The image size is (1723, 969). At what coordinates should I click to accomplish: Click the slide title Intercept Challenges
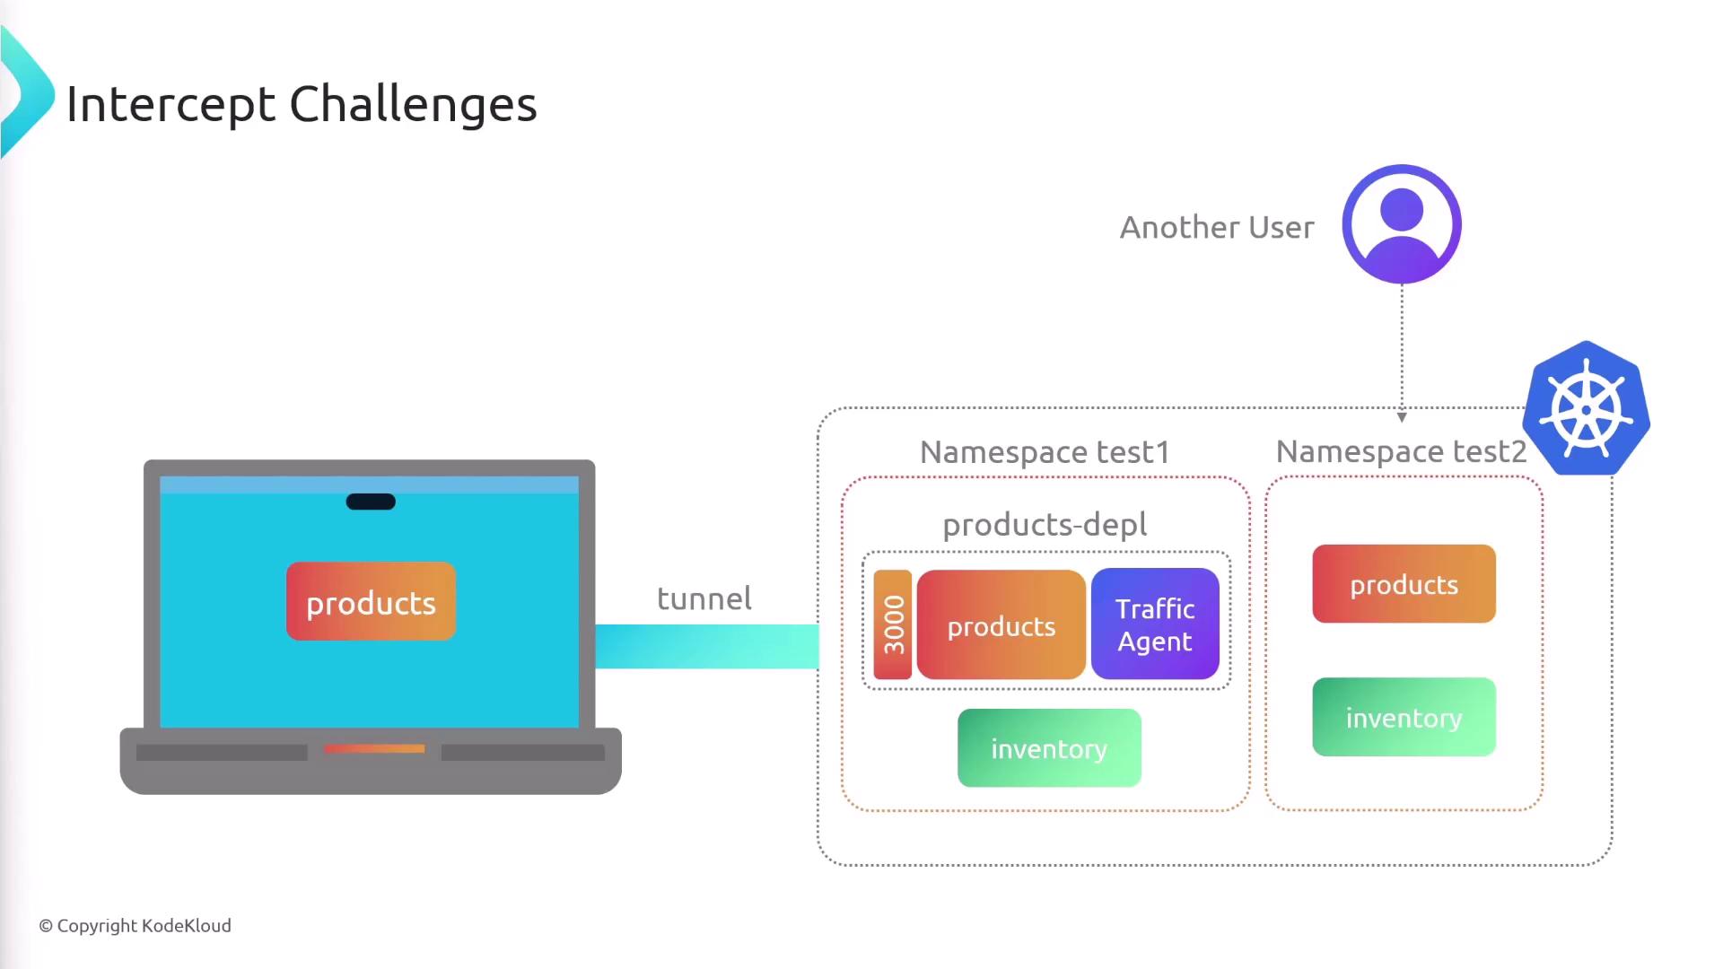(x=302, y=105)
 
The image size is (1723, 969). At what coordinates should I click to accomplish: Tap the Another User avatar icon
(x=1402, y=224)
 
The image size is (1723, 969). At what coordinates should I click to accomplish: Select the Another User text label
(x=1217, y=227)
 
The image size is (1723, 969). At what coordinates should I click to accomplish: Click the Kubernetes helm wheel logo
(x=1587, y=408)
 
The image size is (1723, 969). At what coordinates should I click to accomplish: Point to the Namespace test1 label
(x=1045, y=452)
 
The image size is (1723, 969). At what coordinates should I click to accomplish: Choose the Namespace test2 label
(x=1401, y=451)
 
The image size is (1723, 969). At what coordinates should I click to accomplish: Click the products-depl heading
(x=1045, y=525)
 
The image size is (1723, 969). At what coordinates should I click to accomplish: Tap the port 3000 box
(x=893, y=624)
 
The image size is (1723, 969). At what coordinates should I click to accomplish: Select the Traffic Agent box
(x=1155, y=624)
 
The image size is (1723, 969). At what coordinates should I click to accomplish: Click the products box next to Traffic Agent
(x=1001, y=624)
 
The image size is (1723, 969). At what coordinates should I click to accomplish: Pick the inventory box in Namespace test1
(x=1049, y=748)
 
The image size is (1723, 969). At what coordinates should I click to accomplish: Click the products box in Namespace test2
(x=1404, y=584)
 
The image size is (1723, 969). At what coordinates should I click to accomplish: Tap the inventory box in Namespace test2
(x=1404, y=717)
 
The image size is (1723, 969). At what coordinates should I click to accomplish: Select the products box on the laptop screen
(x=371, y=601)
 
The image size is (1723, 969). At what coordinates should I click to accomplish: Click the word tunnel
(x=704, y=598)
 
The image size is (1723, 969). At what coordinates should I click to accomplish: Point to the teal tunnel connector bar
(x=707, y=646)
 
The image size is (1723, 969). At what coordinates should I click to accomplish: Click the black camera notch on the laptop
(x=371, y=502)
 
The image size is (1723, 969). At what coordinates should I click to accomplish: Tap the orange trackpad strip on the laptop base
(x=374, y=748)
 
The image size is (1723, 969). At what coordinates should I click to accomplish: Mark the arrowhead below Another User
(x=1402, y=417)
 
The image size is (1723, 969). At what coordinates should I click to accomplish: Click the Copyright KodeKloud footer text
(x=135, y=926)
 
